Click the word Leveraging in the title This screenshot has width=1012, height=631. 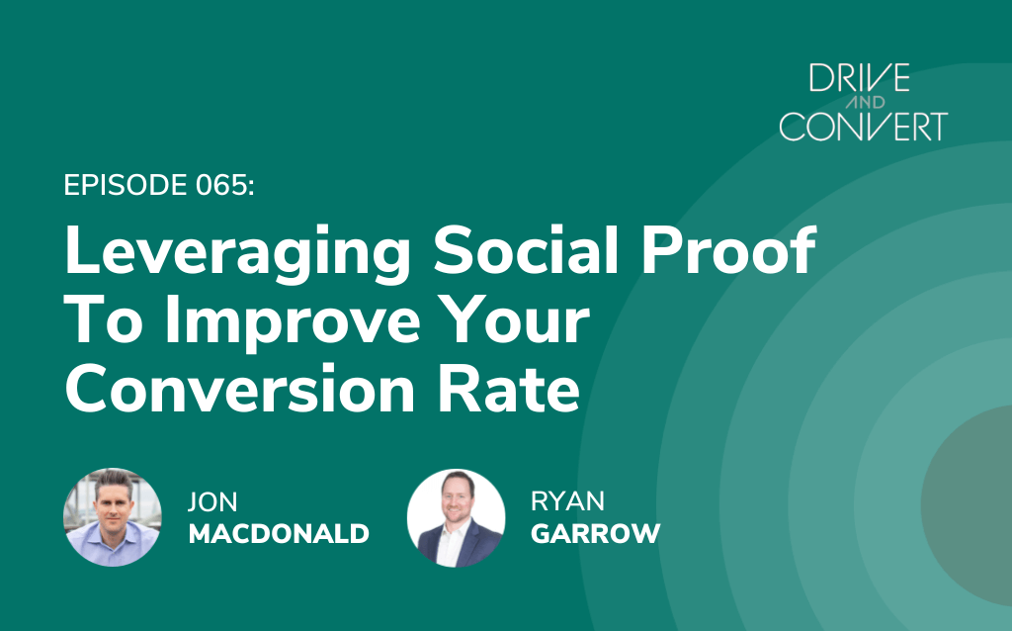(x=237, y=254)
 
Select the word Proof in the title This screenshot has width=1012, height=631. (x=728, y=249)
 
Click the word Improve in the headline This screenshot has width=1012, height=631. (x=293, y=324)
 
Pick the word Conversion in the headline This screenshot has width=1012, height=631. (x=239, y=388)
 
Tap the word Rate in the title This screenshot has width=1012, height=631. (x=509, y=388)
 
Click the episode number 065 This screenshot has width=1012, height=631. (x=225, y=185)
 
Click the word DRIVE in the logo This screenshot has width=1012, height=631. (x=860, y=77)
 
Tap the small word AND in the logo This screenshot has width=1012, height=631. (x=864, y=102)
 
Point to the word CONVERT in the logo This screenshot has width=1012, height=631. (x=864, y=127)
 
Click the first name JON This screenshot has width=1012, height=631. (x=212, y=501)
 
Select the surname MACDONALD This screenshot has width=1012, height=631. (x=279, y=533)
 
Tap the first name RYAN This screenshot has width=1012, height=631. (x=567, y=501)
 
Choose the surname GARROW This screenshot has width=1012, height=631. (x=596, y=533)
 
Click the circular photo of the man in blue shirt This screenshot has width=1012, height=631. (x=113, y=517)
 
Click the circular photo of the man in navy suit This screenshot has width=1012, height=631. (x=457, y=518)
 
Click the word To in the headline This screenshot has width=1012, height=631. (x=103, y=320)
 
